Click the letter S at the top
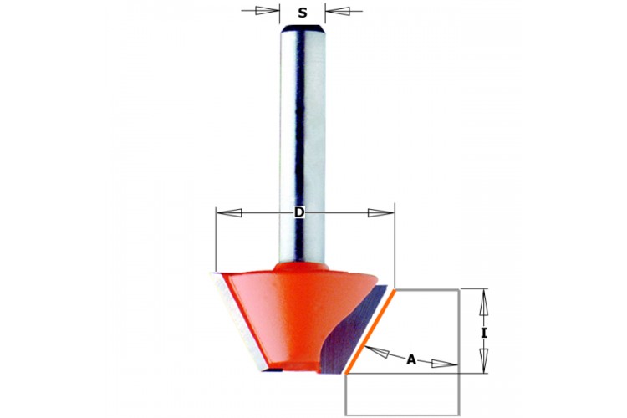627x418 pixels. point(303,13)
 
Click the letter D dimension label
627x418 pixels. point(299,212)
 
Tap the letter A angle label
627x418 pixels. point(411,360)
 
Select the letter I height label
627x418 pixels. point(484,333)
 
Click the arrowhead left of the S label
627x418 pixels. point(268,11)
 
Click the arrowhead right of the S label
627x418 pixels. point(338,11)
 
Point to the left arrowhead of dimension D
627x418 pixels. point(229,213)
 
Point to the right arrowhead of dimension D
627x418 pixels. point(381,213)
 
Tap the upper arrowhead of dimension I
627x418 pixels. point(484,302)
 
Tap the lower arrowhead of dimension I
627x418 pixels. point(484,360)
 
